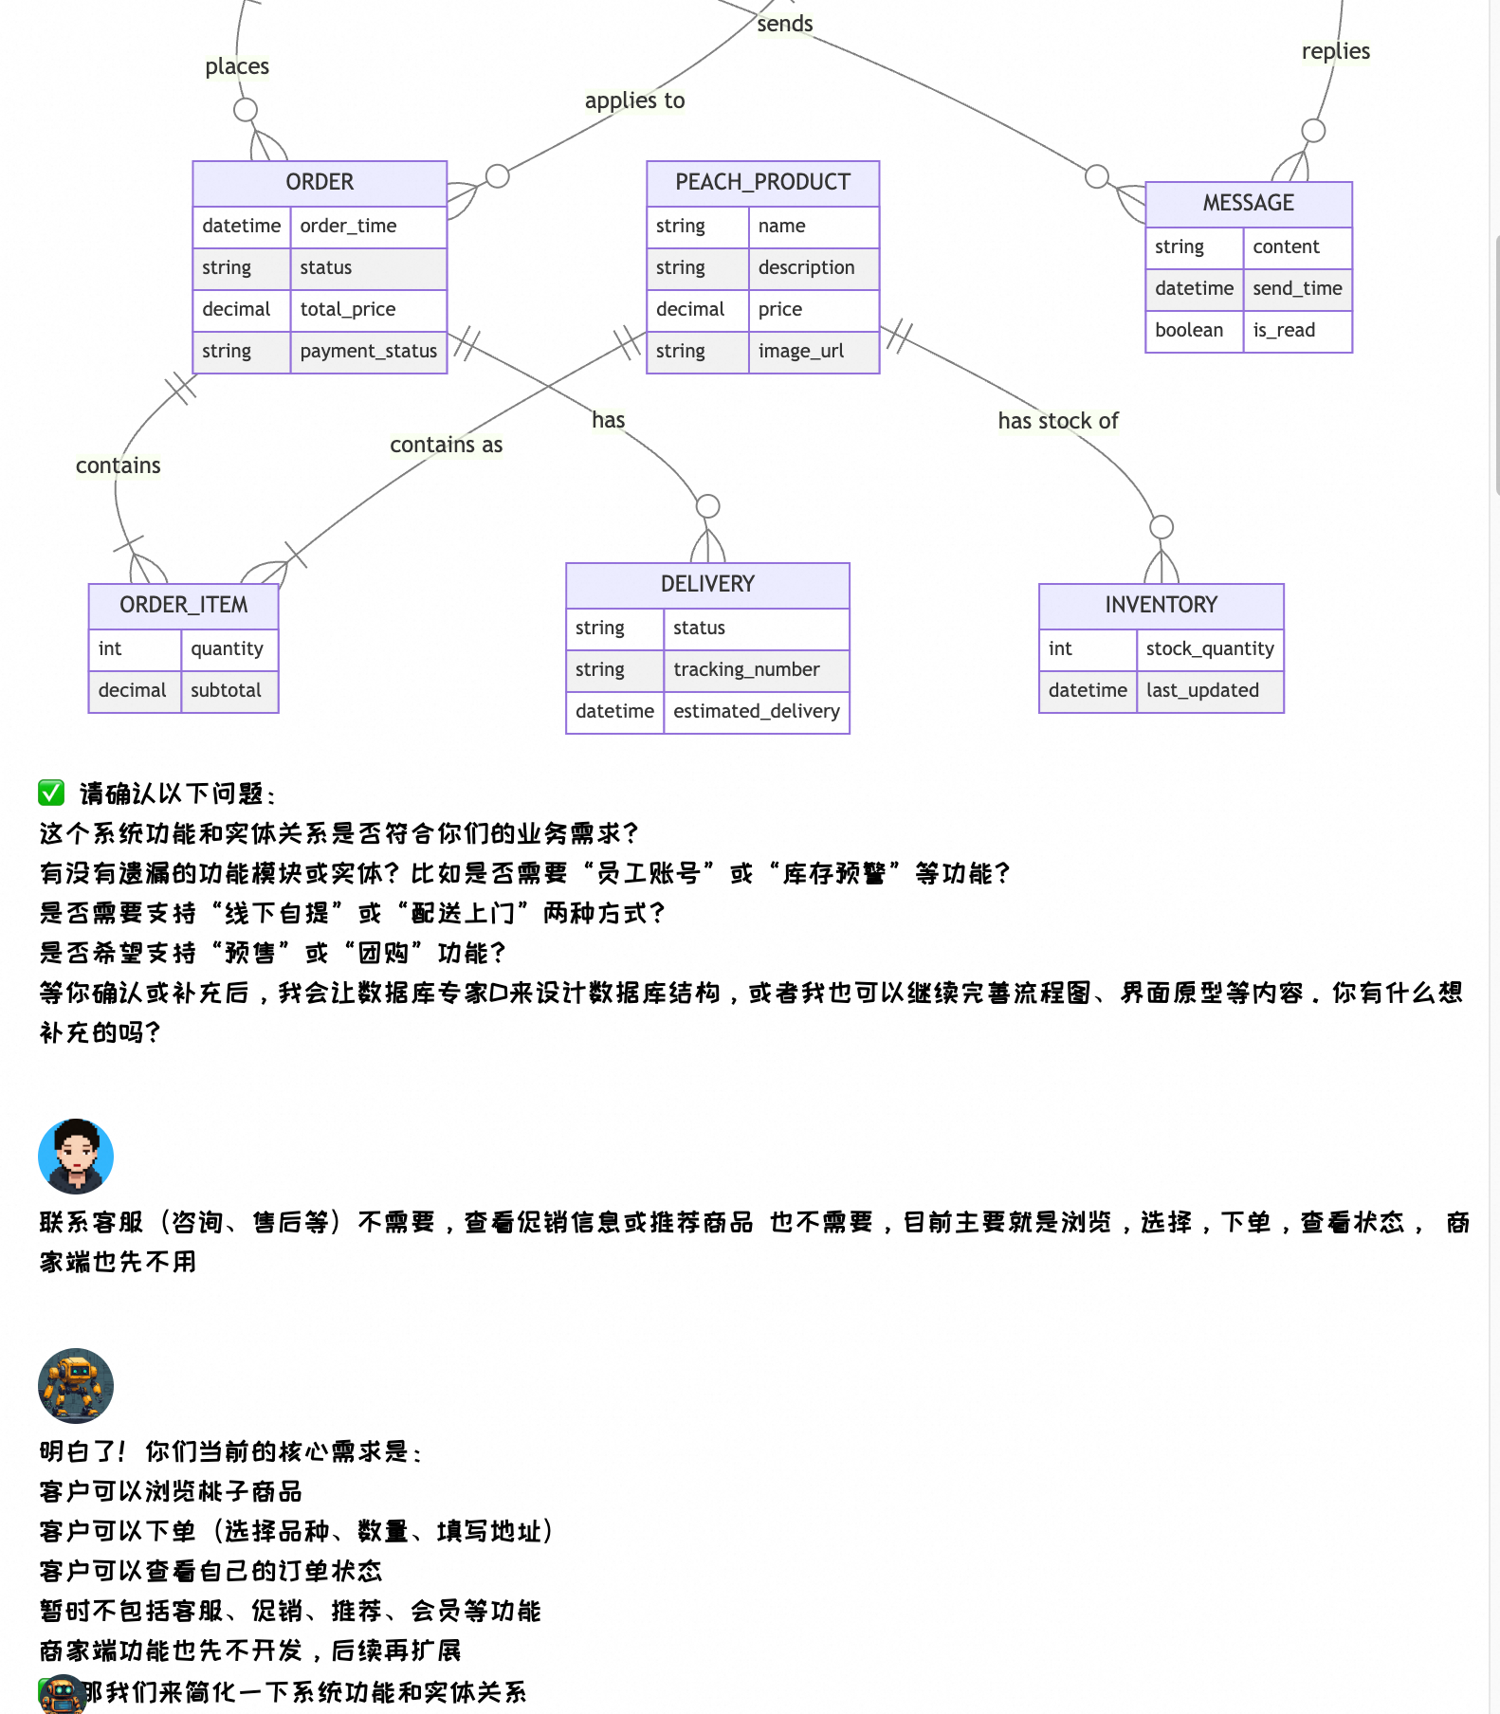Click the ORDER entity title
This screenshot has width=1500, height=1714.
point(320,182)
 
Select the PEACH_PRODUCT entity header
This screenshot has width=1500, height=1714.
point(762,182)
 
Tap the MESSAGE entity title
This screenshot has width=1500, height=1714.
point(1248,203)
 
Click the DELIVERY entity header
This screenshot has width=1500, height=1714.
point(707,584)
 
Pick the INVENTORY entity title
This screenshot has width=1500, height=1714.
point(1161,605)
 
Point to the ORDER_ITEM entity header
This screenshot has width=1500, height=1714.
point(183,605)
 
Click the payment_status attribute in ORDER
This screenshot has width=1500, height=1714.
point(368,352)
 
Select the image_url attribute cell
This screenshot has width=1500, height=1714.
point(800,352)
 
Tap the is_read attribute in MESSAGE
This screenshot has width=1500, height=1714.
point(1284,331)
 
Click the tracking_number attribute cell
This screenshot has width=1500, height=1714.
point(746,670)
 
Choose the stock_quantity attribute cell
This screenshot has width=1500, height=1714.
point(1209,649)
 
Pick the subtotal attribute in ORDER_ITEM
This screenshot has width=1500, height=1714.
point(226,691)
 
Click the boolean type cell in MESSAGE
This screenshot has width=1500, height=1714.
point(1189,331)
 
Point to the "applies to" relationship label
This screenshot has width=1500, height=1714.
point(634,100)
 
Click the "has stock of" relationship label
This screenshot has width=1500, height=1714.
point(1057,421)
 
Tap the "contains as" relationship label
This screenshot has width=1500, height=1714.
point(446,445)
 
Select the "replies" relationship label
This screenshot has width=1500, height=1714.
point(1335,51)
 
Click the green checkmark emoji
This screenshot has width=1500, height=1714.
point(51,793)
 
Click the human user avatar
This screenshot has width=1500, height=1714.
point(76,1157)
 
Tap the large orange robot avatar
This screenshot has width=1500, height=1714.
point(76,1386)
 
